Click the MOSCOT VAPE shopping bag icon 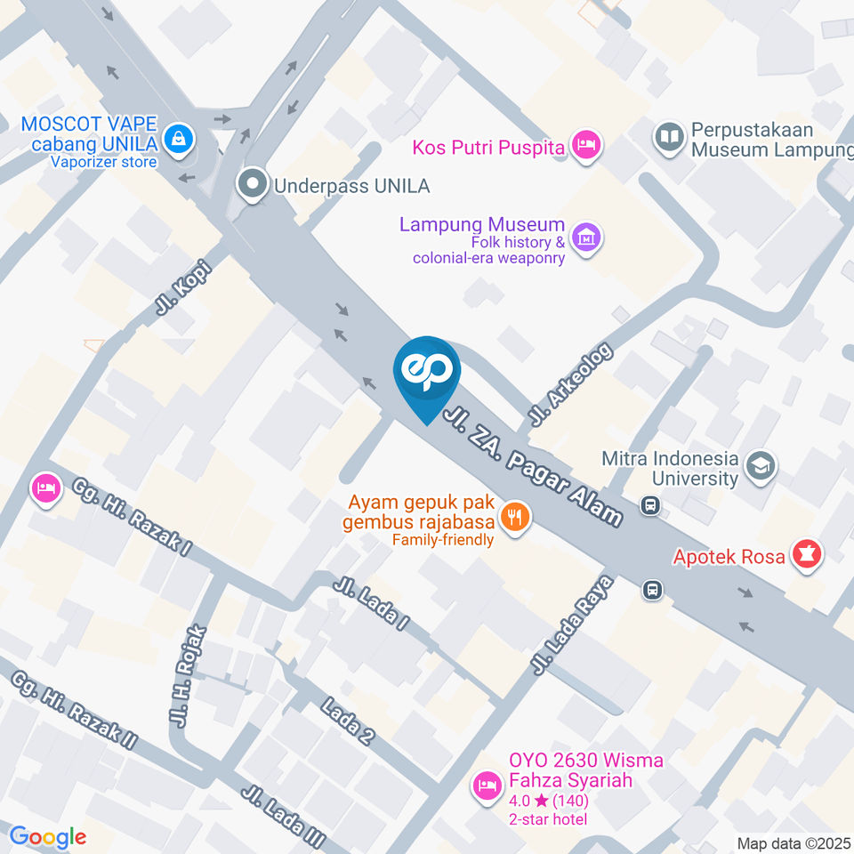tap(180, 138)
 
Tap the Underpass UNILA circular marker tap(254, 185)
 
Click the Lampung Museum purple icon tap(586, 238)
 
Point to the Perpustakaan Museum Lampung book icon tap(669, 137)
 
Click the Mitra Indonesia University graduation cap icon tap(761, 466)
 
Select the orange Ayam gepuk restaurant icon tap(514, 516)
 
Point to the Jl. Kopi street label tap(182, 286)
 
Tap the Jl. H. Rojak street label tap(188, 677)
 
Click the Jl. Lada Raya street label tap(573, 623)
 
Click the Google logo tap(48, 836)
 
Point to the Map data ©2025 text tap(794, 842)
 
